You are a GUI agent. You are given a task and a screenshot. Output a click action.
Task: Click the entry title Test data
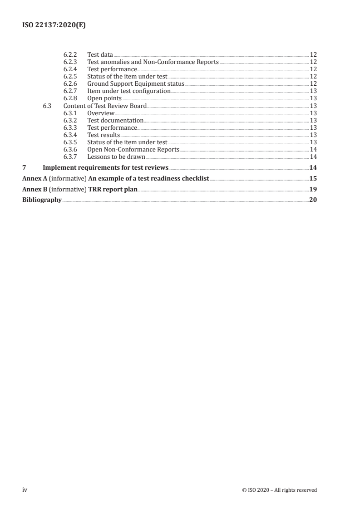[x=100, y=55]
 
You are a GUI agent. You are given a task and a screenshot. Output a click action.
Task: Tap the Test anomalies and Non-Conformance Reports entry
[x=153, y=62]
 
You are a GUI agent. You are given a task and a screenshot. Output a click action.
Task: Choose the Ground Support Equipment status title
[x=136, y=84]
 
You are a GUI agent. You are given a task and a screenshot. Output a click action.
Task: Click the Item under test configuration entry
[x=128, y=91]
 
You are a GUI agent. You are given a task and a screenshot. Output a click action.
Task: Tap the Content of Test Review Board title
[x=105, y=106]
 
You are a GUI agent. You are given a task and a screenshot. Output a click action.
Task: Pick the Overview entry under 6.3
[x=101, y=113]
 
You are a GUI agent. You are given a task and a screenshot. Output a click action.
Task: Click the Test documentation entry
[x=115, y=120]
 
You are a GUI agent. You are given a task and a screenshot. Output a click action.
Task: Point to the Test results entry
[x=104, y=135]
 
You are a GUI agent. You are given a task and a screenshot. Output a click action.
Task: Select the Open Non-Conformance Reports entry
[x=133, y=149]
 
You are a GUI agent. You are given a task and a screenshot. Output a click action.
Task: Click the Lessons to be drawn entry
[x=116, y=157]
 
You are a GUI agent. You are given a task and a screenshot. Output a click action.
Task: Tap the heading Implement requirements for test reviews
[x=106, y=167]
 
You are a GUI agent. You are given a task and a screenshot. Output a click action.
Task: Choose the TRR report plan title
[x=113, y=189]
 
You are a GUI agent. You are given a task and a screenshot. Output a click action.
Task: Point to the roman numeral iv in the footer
[x=25, y=489]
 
